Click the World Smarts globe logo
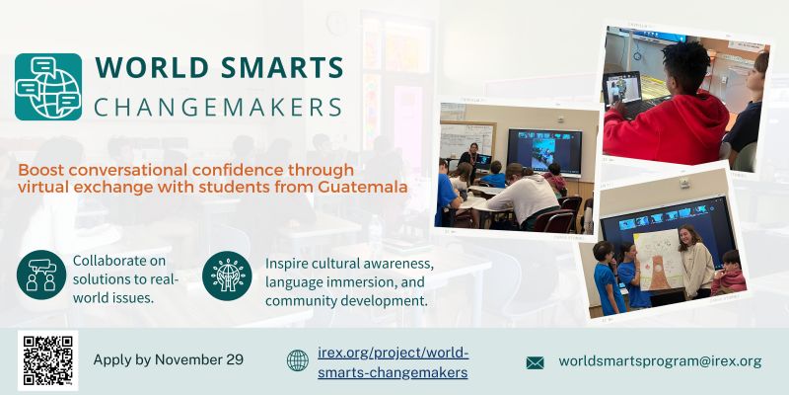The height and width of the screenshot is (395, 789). click(48, 87)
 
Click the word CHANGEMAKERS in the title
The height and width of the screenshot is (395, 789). click(218, 107)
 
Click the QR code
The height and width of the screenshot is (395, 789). click(47, 360)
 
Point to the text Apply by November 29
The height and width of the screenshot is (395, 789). click(168, 359)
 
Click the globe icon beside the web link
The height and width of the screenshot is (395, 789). click(297, 360)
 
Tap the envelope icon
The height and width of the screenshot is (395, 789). click(535, 362)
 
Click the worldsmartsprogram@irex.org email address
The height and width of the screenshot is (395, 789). click(660, 361)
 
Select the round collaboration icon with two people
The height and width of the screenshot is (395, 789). click(40, 276)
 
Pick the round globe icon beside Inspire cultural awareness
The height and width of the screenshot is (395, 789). click(227, 276)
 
